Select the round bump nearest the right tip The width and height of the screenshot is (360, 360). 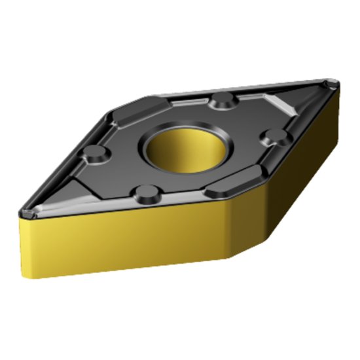coord(270,135)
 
